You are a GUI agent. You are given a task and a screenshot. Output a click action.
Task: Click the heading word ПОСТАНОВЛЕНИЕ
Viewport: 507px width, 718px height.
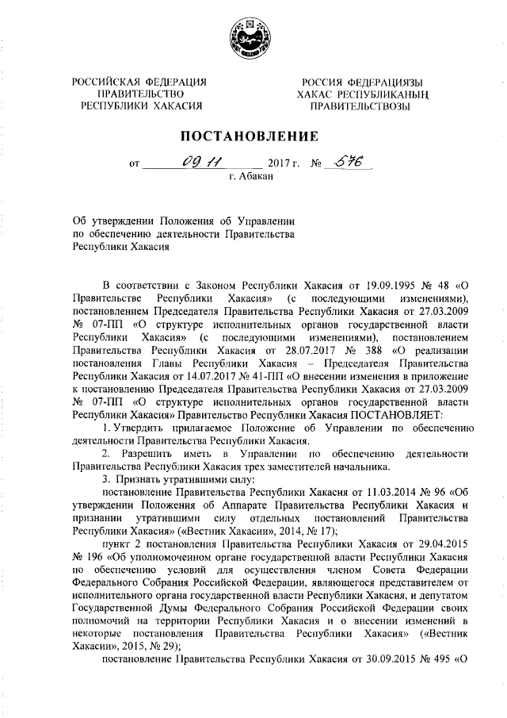(x=253, y=136)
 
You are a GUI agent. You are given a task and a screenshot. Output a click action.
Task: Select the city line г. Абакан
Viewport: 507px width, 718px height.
(x=251, y=178)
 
